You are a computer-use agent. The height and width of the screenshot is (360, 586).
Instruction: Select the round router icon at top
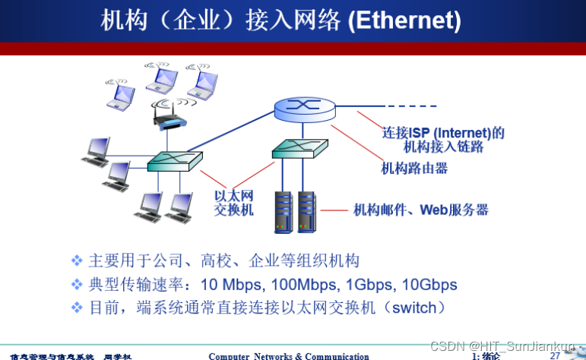(x=305, y=108)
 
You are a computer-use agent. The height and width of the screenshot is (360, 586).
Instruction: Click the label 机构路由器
(x=414, y=167)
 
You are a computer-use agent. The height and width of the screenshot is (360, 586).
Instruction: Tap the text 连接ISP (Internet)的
(x=443, y=133)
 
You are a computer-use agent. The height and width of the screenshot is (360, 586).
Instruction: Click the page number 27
(x=555, y=355)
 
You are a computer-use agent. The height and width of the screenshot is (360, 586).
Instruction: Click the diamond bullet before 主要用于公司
(x=76, y=261)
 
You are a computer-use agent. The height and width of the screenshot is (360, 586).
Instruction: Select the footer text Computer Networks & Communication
(x=289, y=355)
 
